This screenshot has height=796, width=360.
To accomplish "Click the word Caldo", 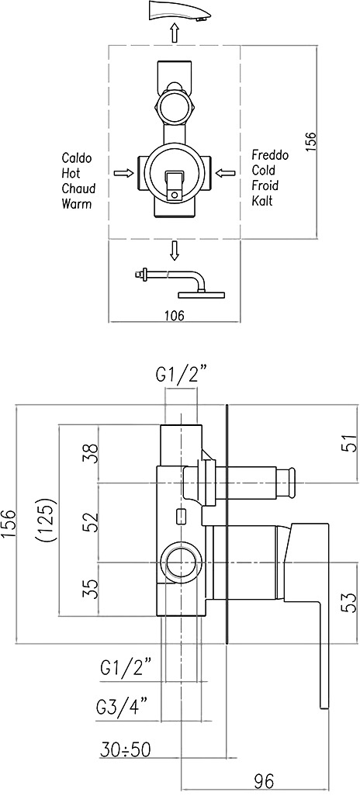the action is point(77,157).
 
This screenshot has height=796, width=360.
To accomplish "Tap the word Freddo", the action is point(270,155).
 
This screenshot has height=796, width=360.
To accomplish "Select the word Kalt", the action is point(262,200).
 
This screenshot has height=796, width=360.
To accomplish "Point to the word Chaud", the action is point(78,189).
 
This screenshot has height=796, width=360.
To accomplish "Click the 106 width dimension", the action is point(174,315).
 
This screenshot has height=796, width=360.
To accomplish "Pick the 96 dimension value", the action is point(264,780).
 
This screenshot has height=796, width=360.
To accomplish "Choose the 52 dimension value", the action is point(89,520).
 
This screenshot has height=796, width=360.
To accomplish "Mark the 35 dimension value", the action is point(89,590).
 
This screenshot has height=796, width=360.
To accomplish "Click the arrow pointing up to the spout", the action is point(175,33).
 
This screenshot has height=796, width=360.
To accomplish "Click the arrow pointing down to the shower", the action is point(175,251).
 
